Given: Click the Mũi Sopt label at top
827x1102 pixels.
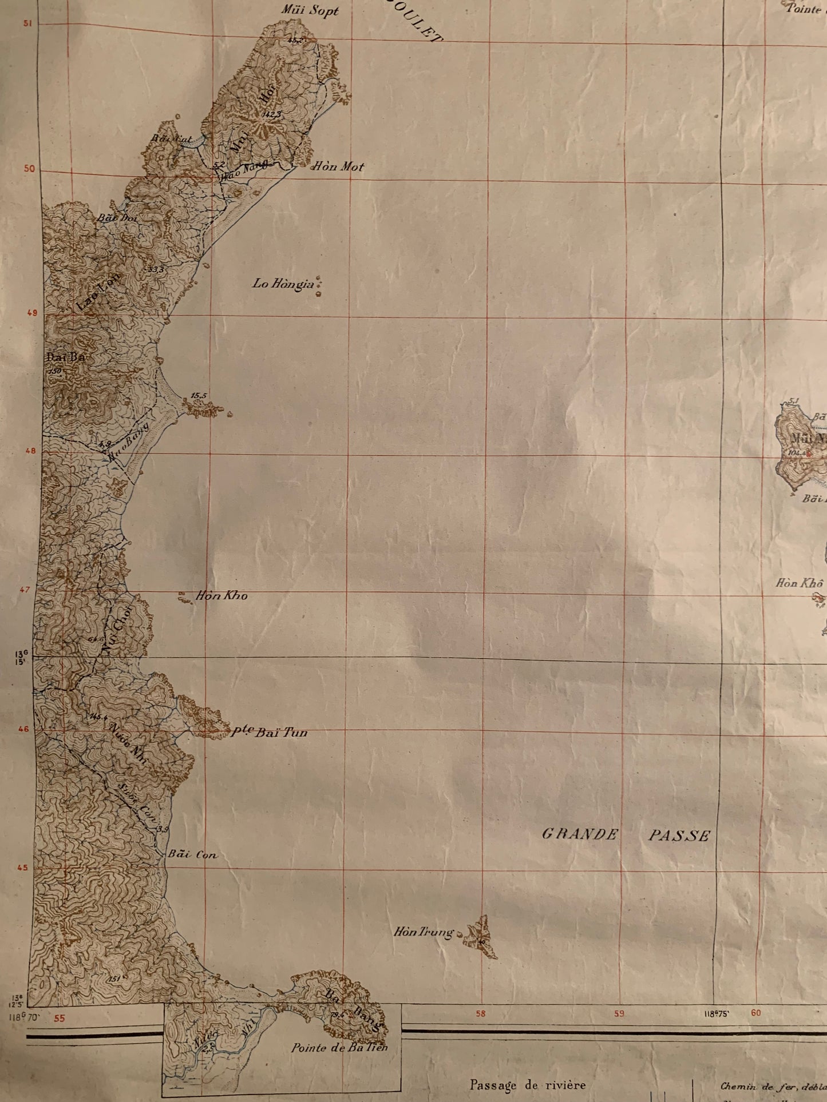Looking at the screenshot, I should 310,10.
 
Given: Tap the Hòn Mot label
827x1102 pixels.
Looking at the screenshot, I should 337,167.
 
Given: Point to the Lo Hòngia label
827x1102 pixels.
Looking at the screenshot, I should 284,284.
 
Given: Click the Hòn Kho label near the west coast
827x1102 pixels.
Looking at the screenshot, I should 221,596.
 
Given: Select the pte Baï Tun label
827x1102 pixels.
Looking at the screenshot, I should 269,732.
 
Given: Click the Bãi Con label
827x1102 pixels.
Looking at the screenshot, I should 192,855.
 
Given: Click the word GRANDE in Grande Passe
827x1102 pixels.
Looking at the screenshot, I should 580,834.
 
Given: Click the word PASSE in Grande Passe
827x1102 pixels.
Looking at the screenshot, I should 679,836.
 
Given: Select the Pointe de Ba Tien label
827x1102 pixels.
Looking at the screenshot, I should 339,1048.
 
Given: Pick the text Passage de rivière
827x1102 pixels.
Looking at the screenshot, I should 528,1085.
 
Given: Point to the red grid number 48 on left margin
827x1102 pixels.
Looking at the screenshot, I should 30,451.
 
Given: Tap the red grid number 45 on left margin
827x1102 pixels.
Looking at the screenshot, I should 22,868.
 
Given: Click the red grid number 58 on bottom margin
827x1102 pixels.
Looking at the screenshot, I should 480,1014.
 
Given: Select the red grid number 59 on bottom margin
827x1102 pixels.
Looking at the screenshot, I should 619,1013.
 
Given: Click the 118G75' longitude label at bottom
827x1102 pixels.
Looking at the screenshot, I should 716,1014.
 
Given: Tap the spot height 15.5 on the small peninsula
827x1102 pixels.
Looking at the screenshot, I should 199,395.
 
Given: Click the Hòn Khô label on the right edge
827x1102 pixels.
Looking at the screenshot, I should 799,583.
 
